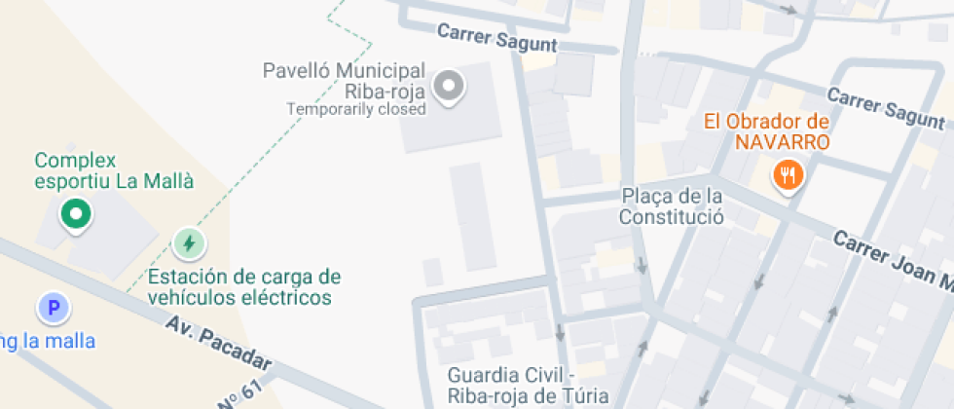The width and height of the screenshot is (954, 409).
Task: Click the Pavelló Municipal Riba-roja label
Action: (345, 82)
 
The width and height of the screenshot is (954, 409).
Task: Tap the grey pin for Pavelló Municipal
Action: (449, 86)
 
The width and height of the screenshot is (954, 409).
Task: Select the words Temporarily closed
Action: (355, 109)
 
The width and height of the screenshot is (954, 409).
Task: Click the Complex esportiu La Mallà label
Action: (114, 170)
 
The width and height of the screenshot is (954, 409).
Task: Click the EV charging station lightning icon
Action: (189, 242)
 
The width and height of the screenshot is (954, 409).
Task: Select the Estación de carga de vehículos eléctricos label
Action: (243, 287)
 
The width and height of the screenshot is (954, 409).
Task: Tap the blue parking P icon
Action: (55, 310)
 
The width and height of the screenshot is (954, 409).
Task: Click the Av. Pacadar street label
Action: (218, 348)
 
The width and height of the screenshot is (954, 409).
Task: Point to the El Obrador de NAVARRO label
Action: (766, 131)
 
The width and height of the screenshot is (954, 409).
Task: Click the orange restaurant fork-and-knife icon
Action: (788, 175)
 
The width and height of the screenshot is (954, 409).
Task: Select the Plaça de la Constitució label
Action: (672, 206)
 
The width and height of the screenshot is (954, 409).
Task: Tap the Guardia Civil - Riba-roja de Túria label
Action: (528, 386)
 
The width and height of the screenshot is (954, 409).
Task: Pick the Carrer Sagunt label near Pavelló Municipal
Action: (496, 38)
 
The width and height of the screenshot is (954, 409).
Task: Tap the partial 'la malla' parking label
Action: (55, 341)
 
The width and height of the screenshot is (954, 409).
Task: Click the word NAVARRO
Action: (782, 142)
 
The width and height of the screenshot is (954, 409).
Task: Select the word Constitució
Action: (672, 217)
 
